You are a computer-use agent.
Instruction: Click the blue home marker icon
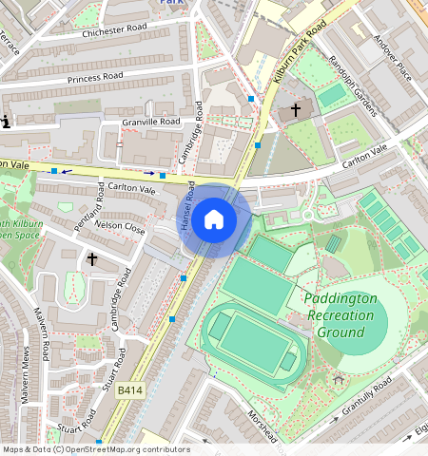tap(214, 220)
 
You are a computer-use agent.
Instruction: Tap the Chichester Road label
tap(117, 31)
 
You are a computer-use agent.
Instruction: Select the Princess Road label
tap(96, 77)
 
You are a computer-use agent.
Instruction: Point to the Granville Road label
tap(150, 122)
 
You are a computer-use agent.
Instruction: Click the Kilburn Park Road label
tap(300, 62)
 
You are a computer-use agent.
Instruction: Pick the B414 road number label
tap(130, 390)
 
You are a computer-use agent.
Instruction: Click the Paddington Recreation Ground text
tap(340, 315)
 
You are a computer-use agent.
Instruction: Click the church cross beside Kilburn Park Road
tap(296, 111)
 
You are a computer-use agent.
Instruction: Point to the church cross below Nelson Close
tap(93, 258)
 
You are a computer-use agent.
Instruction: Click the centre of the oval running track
tap(252, 342)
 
